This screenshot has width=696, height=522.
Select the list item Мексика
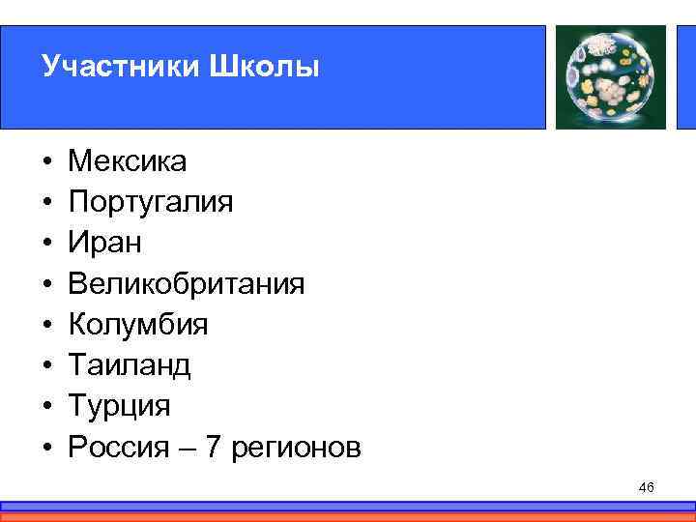[x=128, y=160]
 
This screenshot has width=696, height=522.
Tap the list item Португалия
[x=151, y=202]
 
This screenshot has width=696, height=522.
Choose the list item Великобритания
[x=186, y=283]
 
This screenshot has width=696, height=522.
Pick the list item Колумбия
[x=136, y=324]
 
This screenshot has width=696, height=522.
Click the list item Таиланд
[x=130, y=364]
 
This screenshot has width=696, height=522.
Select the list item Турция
[x=118, y=405]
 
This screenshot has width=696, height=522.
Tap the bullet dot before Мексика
[x=45, y=161]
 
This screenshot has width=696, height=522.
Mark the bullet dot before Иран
[x=45, y=244]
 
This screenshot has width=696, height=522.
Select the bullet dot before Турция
[x=45, y=406]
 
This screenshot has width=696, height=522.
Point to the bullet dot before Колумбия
[x=45, y=325]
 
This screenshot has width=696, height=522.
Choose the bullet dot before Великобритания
[x=45, y=284]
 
